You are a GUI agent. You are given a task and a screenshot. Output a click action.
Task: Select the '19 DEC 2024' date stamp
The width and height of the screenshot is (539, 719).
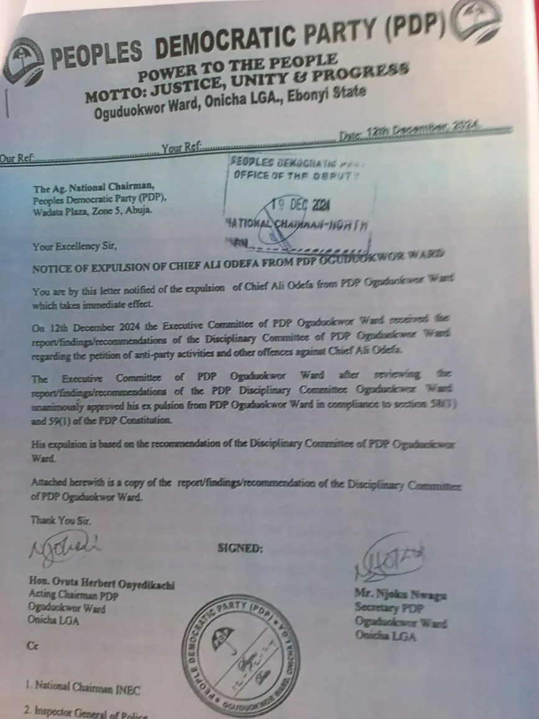click(x=302, y=205)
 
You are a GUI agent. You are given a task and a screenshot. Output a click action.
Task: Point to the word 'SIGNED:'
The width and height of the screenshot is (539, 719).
click(x=240, y=549)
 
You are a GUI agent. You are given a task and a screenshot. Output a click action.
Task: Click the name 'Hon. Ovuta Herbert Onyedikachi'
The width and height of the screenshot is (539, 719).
click(x=102, y=584)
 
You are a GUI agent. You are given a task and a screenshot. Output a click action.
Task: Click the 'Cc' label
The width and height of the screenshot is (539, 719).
click(x=32, y=646)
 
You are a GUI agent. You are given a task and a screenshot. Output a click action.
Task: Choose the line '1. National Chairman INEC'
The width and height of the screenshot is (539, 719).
click(x=83, y=687)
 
